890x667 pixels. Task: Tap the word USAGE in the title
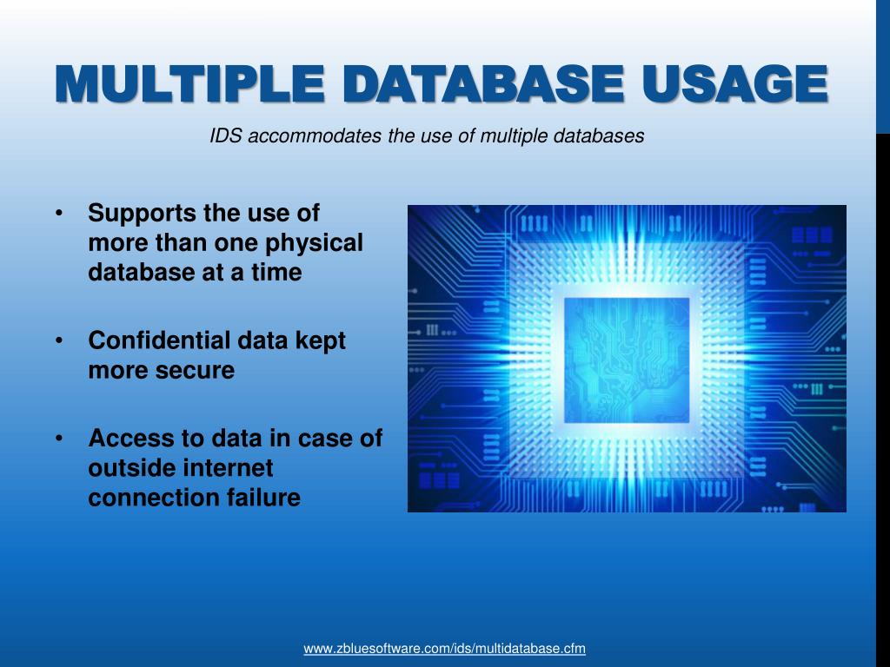pos(731,83)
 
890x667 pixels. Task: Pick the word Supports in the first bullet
pos(142,213)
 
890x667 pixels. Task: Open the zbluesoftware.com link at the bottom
pos(444,649)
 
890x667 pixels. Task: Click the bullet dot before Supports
pos(59,214)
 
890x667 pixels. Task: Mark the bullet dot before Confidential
pos(59,341)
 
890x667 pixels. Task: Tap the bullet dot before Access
pos(59,439)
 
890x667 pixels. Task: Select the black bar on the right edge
pos(882,391)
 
